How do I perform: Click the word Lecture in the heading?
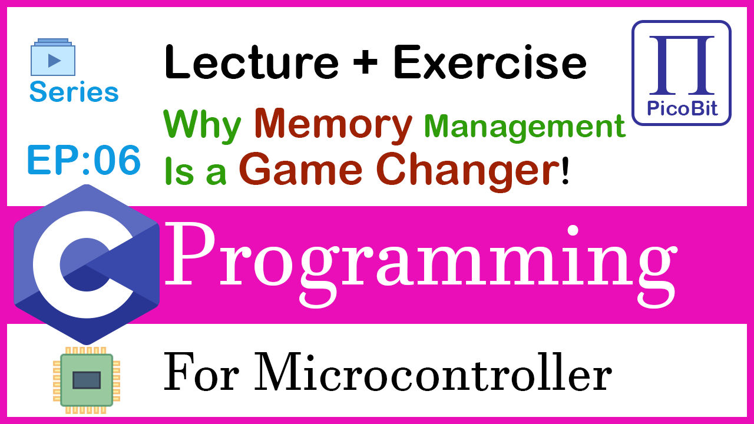point(252,62)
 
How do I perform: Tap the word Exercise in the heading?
point(490,62)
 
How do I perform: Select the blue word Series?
point(74,91)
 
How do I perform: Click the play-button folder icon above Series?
point(53,57)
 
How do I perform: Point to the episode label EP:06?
point(84,160)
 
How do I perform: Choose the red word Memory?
point(333,124)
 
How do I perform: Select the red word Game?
point(300,169)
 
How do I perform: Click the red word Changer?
point(467,171)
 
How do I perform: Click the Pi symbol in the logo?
point(682,65)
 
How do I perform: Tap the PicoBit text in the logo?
point(682,108)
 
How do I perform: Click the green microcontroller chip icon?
point(87,380)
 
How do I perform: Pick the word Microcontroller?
point(433,373)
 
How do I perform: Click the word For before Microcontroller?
point(201,373)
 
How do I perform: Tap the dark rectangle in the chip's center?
point(87,380)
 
